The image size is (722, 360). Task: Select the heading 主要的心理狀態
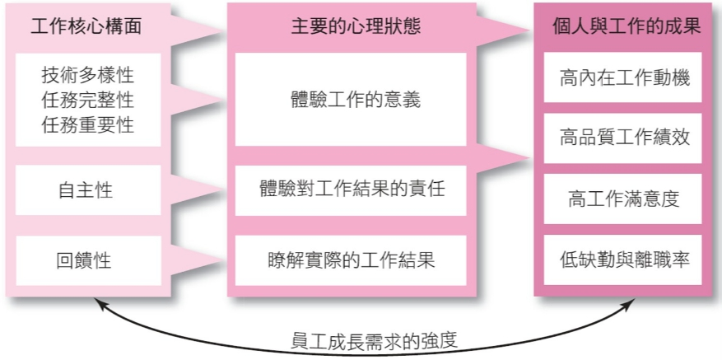pyautogui.click(x=356, y=26)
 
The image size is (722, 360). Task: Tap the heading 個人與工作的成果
pyautogui.click(x=627, y=26)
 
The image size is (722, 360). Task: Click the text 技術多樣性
pyautogui.click(x=88, y=75)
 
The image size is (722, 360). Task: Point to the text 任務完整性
pyautogui.click(x=88, y=100)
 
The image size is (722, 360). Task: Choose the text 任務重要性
pyautogui.click(x=88, y=125)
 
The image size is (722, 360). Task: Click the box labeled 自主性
pyautogui.click(x=88, y=190)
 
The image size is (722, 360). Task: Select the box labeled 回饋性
pyautogui.click(x=88, y=260)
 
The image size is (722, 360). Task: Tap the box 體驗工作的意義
pyautogui.click(x=351, y=100)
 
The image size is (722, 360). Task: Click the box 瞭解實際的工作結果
pyautogui.click(x=351, y=260)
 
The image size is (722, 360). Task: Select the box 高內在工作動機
pyautogui.click(x=622, y=77)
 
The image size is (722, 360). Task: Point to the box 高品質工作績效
pyautogui.click(x=622, y=138)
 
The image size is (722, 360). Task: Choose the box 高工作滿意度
pyautogui.click(x=622, y=199)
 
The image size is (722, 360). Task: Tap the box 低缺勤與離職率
pyautogui.click(x=622, y=260)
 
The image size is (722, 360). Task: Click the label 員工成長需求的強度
pyautogui.click(x=375, y=343)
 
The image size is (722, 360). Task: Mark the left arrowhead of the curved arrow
pyautogui.click(x=97, y=302)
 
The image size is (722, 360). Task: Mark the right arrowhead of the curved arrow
pyautogui.click(x=631, y=303)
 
